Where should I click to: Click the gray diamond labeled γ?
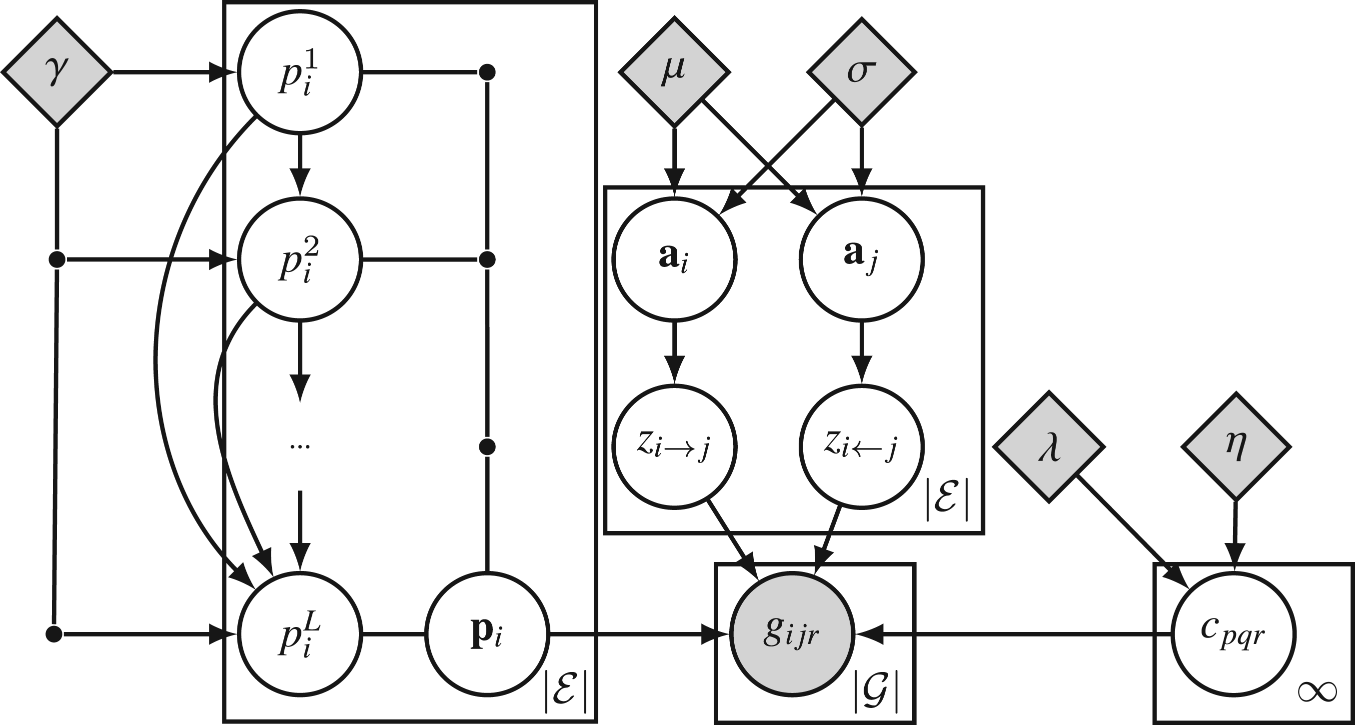[x=57, y=71]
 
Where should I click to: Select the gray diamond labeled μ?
[x=674, y=71]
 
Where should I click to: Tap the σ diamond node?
[x=861, y=71]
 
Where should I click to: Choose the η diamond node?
[x=1236, y=447]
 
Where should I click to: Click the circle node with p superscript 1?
[x=300, y=72]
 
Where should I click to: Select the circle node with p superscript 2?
[x=300, y=259]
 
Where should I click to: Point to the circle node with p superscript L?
[x=300, y=634]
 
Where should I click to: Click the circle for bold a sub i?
[x=674, y=259]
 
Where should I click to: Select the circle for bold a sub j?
[x=862, y=259]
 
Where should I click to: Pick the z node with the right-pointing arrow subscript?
[x=674, y=447]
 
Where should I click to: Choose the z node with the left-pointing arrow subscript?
[x=862, y=447]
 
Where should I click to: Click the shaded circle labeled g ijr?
[x=792, y=634]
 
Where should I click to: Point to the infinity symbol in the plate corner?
[x=1317, y=692]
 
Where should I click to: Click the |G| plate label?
[x=876, y=689]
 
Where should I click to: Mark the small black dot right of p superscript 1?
[x=488, y=72]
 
